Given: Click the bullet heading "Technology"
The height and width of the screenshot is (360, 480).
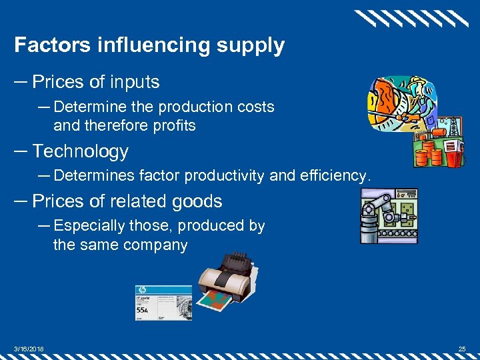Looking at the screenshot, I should pos(80,151).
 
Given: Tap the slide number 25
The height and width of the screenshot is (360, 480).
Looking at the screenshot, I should pos(462,348).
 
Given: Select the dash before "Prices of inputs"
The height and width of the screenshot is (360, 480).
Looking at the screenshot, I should pos(21,82).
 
